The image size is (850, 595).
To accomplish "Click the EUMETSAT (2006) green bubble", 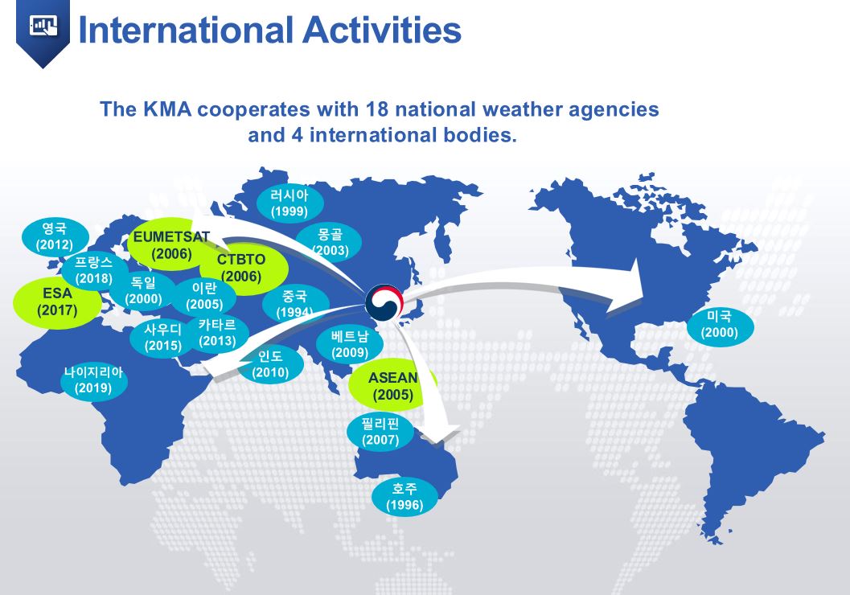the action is [170, 244].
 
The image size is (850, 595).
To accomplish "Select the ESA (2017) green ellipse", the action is [57, 303].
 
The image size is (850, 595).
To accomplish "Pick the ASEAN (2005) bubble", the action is [392, 386].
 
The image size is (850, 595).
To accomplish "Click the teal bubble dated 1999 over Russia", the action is [289, 203].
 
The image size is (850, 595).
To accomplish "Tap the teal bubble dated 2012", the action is [55, 237].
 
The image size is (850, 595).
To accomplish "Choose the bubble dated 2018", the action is [94, 270].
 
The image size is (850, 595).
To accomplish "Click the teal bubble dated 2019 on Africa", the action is [94, 380].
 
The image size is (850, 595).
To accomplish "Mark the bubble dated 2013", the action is [217, 333].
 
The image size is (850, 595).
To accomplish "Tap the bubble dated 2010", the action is [270, 364].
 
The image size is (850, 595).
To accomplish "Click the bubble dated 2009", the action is [350, 344].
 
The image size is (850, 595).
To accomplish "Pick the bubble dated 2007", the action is [380, 431].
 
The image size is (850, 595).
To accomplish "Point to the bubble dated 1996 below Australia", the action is [404, 498].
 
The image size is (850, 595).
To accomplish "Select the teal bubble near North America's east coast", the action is [720, 324].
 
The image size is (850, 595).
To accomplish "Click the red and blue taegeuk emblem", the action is [384, 302].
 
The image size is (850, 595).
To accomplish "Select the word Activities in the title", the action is [382, 30].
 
